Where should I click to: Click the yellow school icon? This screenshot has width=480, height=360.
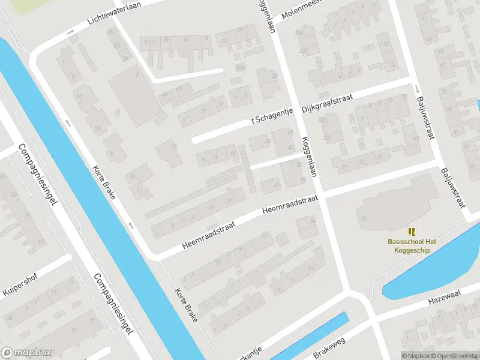(412, 231)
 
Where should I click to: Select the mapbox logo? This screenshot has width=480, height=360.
(26, 353)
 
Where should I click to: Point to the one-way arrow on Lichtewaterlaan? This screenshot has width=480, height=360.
(71, 31)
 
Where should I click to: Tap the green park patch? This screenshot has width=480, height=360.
(36, 6)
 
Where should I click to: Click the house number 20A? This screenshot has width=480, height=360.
(240, 67)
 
